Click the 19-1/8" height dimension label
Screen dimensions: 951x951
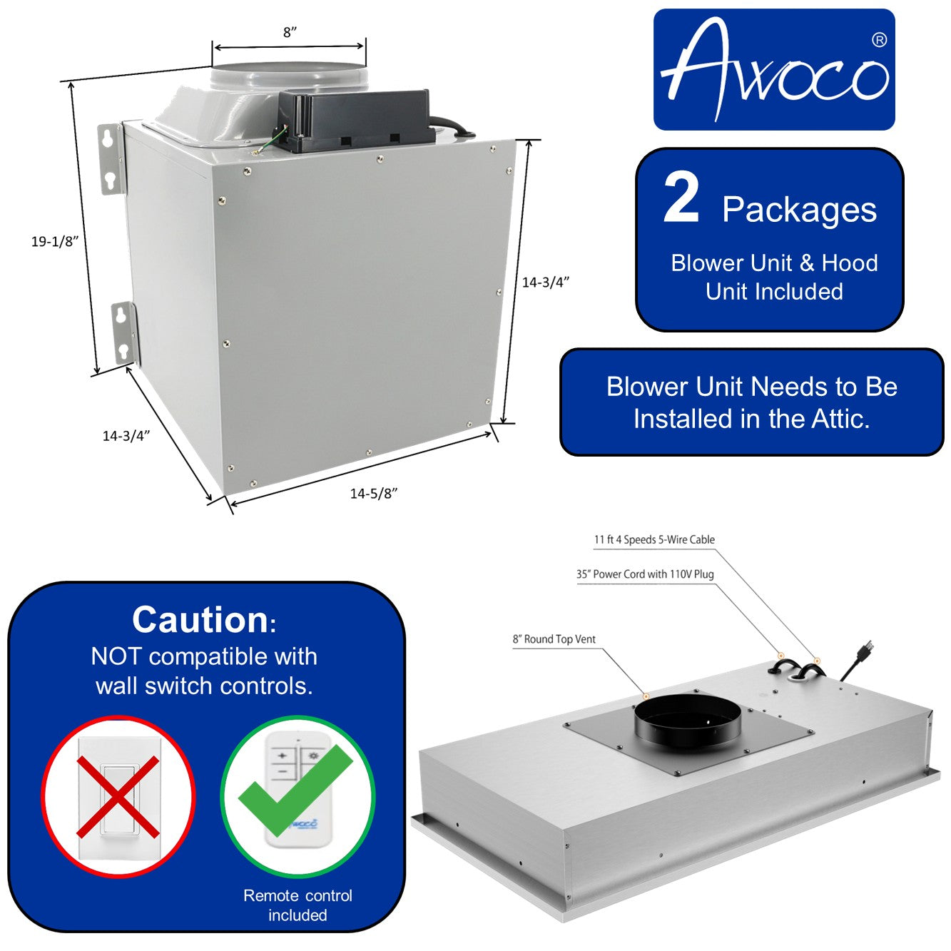[x=54, y=242]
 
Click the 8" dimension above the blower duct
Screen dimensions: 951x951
[x=290, y=32]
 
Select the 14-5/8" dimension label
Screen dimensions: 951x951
[x=373, y=494]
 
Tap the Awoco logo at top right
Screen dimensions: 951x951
[x=774, y=70]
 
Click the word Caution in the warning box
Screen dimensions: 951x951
[x=200, y=619]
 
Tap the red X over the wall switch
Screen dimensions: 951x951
[x=118, y=796]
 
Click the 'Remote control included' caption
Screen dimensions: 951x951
[x=297, y=905]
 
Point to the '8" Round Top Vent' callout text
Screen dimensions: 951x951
[x=554, y=639]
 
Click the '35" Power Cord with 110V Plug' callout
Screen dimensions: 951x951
[x=645, y=574]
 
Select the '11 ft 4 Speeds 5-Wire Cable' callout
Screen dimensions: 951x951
[x=654, y=540]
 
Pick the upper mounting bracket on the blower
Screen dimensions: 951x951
[x=111, y=158]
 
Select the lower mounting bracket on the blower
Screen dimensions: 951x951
[x=123, y=333]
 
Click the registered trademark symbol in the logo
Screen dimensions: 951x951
[x=879, y=41]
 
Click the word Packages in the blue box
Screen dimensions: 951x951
[x=799, y=210]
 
